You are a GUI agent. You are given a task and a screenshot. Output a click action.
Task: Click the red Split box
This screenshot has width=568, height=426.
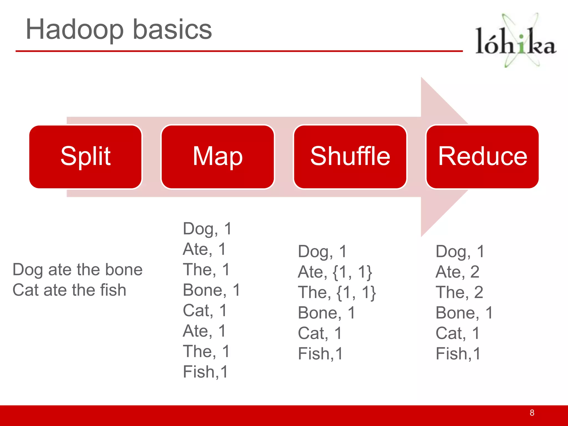[85, 157]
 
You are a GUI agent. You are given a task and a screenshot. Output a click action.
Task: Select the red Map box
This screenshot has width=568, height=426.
[218, 157]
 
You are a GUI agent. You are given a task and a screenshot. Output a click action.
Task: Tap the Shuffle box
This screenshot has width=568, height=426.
[350, 157]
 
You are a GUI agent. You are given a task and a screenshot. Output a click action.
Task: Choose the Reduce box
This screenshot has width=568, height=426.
[482, 157]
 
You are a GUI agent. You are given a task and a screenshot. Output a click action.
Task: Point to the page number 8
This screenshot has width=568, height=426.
[532, 413]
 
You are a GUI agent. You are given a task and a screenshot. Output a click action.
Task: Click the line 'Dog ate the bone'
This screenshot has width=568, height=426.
[77, 270]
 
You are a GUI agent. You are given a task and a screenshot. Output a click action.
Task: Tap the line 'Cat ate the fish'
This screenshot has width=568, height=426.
[69, 290]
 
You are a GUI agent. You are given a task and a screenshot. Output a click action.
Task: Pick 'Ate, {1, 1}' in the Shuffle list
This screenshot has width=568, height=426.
[335, 272]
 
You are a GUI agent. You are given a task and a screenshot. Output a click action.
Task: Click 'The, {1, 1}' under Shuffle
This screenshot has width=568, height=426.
[337, 292]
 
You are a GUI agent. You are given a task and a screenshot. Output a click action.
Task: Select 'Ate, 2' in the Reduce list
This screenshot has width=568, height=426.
[457, 272]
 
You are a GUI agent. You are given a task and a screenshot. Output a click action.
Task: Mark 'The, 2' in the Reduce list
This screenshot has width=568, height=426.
[459, 292]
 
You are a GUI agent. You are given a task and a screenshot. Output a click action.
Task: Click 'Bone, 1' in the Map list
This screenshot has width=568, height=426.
[211, 290]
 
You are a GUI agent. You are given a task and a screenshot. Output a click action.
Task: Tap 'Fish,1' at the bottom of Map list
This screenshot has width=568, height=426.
[205, 372]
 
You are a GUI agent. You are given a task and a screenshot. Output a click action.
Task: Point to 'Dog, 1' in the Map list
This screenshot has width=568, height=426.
[207, 229]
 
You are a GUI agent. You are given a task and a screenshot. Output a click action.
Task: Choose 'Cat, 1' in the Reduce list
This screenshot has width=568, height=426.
[457, 333]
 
